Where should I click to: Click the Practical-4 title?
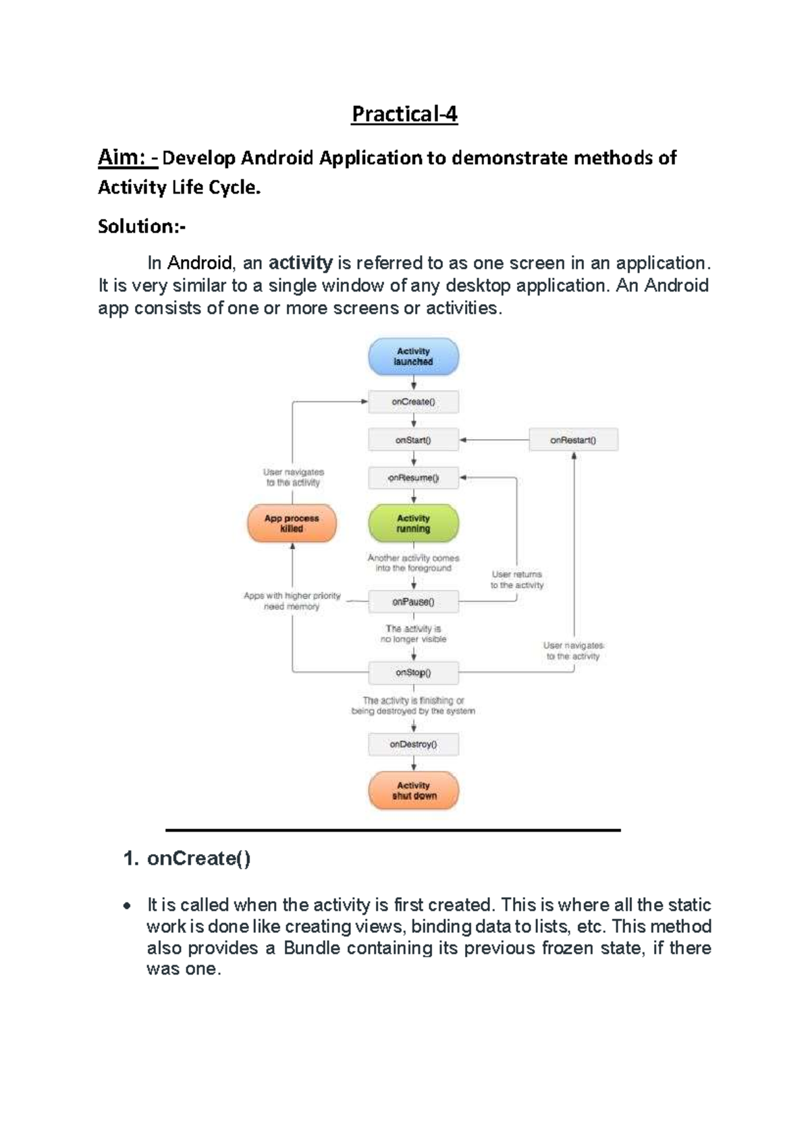(x=404, y=114)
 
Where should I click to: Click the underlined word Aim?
(x=122, y=158)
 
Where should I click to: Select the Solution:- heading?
(x=142, y=226)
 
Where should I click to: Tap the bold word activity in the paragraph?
(x=300, y=262)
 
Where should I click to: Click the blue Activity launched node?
(x=413, y=357)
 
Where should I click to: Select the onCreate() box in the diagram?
(x=413, y=402)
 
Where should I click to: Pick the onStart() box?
(x=413, y=440)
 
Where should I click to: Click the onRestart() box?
(x=573, y=440)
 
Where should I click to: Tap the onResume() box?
(x=413, y=478)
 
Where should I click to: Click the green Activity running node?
(x=413, y=523)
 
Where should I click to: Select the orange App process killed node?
(x=292, y=523)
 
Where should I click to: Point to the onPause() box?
(x=413, y=602)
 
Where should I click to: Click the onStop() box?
(x=413, y=673)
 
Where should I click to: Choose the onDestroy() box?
(x=413, y=745)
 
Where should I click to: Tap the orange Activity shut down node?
(x=413, y=791)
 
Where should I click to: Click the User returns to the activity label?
(x=516, y=579)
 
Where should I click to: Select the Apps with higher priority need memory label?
(x=292, y=601)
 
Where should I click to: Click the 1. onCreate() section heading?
(x=187, y=859)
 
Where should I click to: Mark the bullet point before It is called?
(x=126, y=906)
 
